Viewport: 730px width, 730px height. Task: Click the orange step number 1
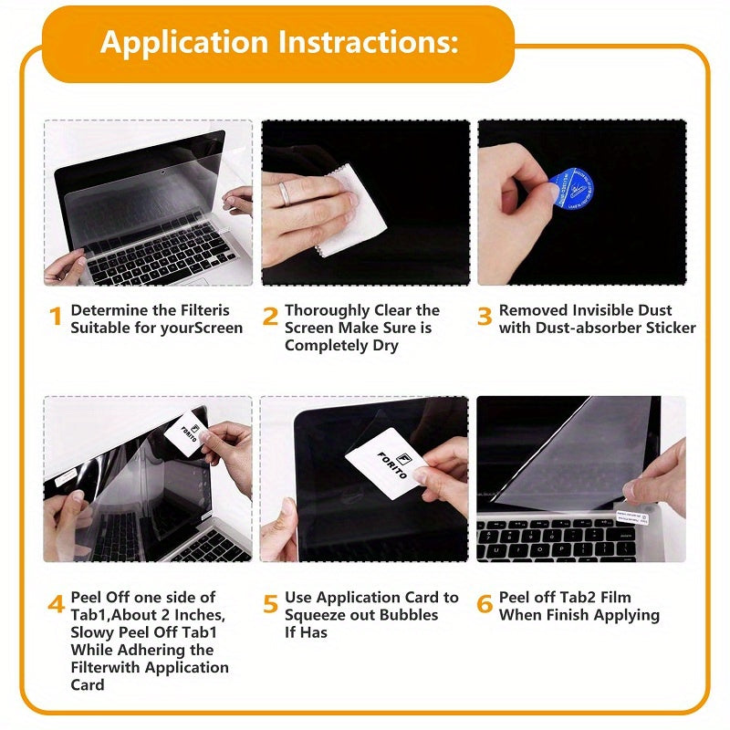(x=57, y=318)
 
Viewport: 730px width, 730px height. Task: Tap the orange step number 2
(x=270, y=318)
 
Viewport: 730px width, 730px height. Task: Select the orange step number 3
(x=485, y=318)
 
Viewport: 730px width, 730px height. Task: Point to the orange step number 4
(x=57, y=605)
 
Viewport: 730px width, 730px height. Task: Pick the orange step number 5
(x=270, y=605)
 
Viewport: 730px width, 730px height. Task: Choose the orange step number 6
(x=485, y=605)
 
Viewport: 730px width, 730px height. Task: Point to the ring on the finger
(x=286, y=193)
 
